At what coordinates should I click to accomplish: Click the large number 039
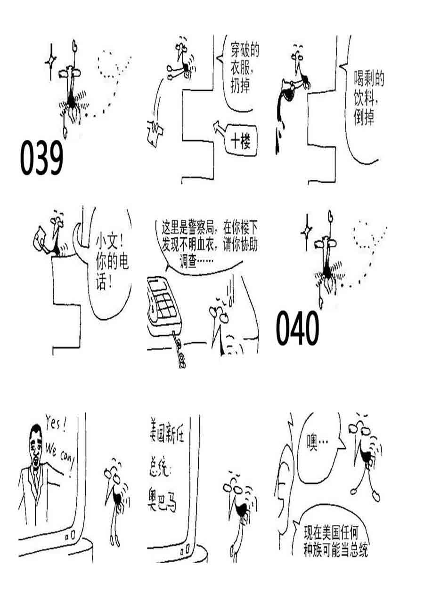click(x=41, y=158)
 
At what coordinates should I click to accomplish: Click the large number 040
click(x=297, y=328)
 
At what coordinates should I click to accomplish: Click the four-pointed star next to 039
click(x=50, y=61)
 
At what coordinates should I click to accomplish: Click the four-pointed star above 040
click(x=307, y=233)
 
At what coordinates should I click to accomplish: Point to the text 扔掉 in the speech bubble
click(x=240, y=85)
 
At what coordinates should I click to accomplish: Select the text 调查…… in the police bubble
click(x=196, y=262)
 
